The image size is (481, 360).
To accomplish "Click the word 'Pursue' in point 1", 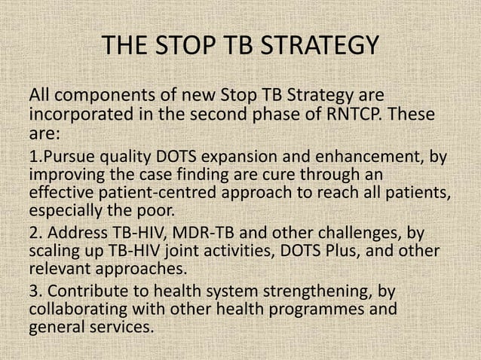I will point(66,157).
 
